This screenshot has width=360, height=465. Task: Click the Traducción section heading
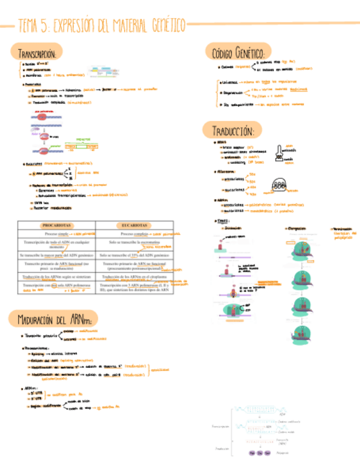tap(231, 131)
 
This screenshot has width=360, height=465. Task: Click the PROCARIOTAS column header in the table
tap(57, 225)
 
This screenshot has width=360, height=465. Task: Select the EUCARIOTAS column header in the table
tap(133, 225)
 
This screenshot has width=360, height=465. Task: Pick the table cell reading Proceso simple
tap(57, 234)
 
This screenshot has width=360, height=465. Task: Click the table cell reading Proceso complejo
tap(134, 234)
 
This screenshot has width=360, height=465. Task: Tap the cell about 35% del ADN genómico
tap(134, 255)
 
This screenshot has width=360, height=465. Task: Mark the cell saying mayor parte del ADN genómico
tap(57, 255)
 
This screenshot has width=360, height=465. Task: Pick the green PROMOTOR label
tap(83, 139)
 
